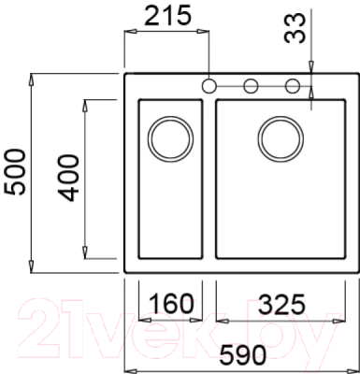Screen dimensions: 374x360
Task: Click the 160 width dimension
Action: [x=169, y=304]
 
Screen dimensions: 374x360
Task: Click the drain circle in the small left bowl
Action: [x=169, y=137]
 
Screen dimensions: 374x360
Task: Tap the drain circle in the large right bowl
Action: [x=280, y=137]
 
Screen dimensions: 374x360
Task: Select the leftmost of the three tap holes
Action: [x=209, y=87]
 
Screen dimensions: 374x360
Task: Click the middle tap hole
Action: [x=251, y=87]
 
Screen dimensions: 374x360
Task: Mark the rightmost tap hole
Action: [x=292, y=87]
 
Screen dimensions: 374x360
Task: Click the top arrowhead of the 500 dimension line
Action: [x=34, y=78]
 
